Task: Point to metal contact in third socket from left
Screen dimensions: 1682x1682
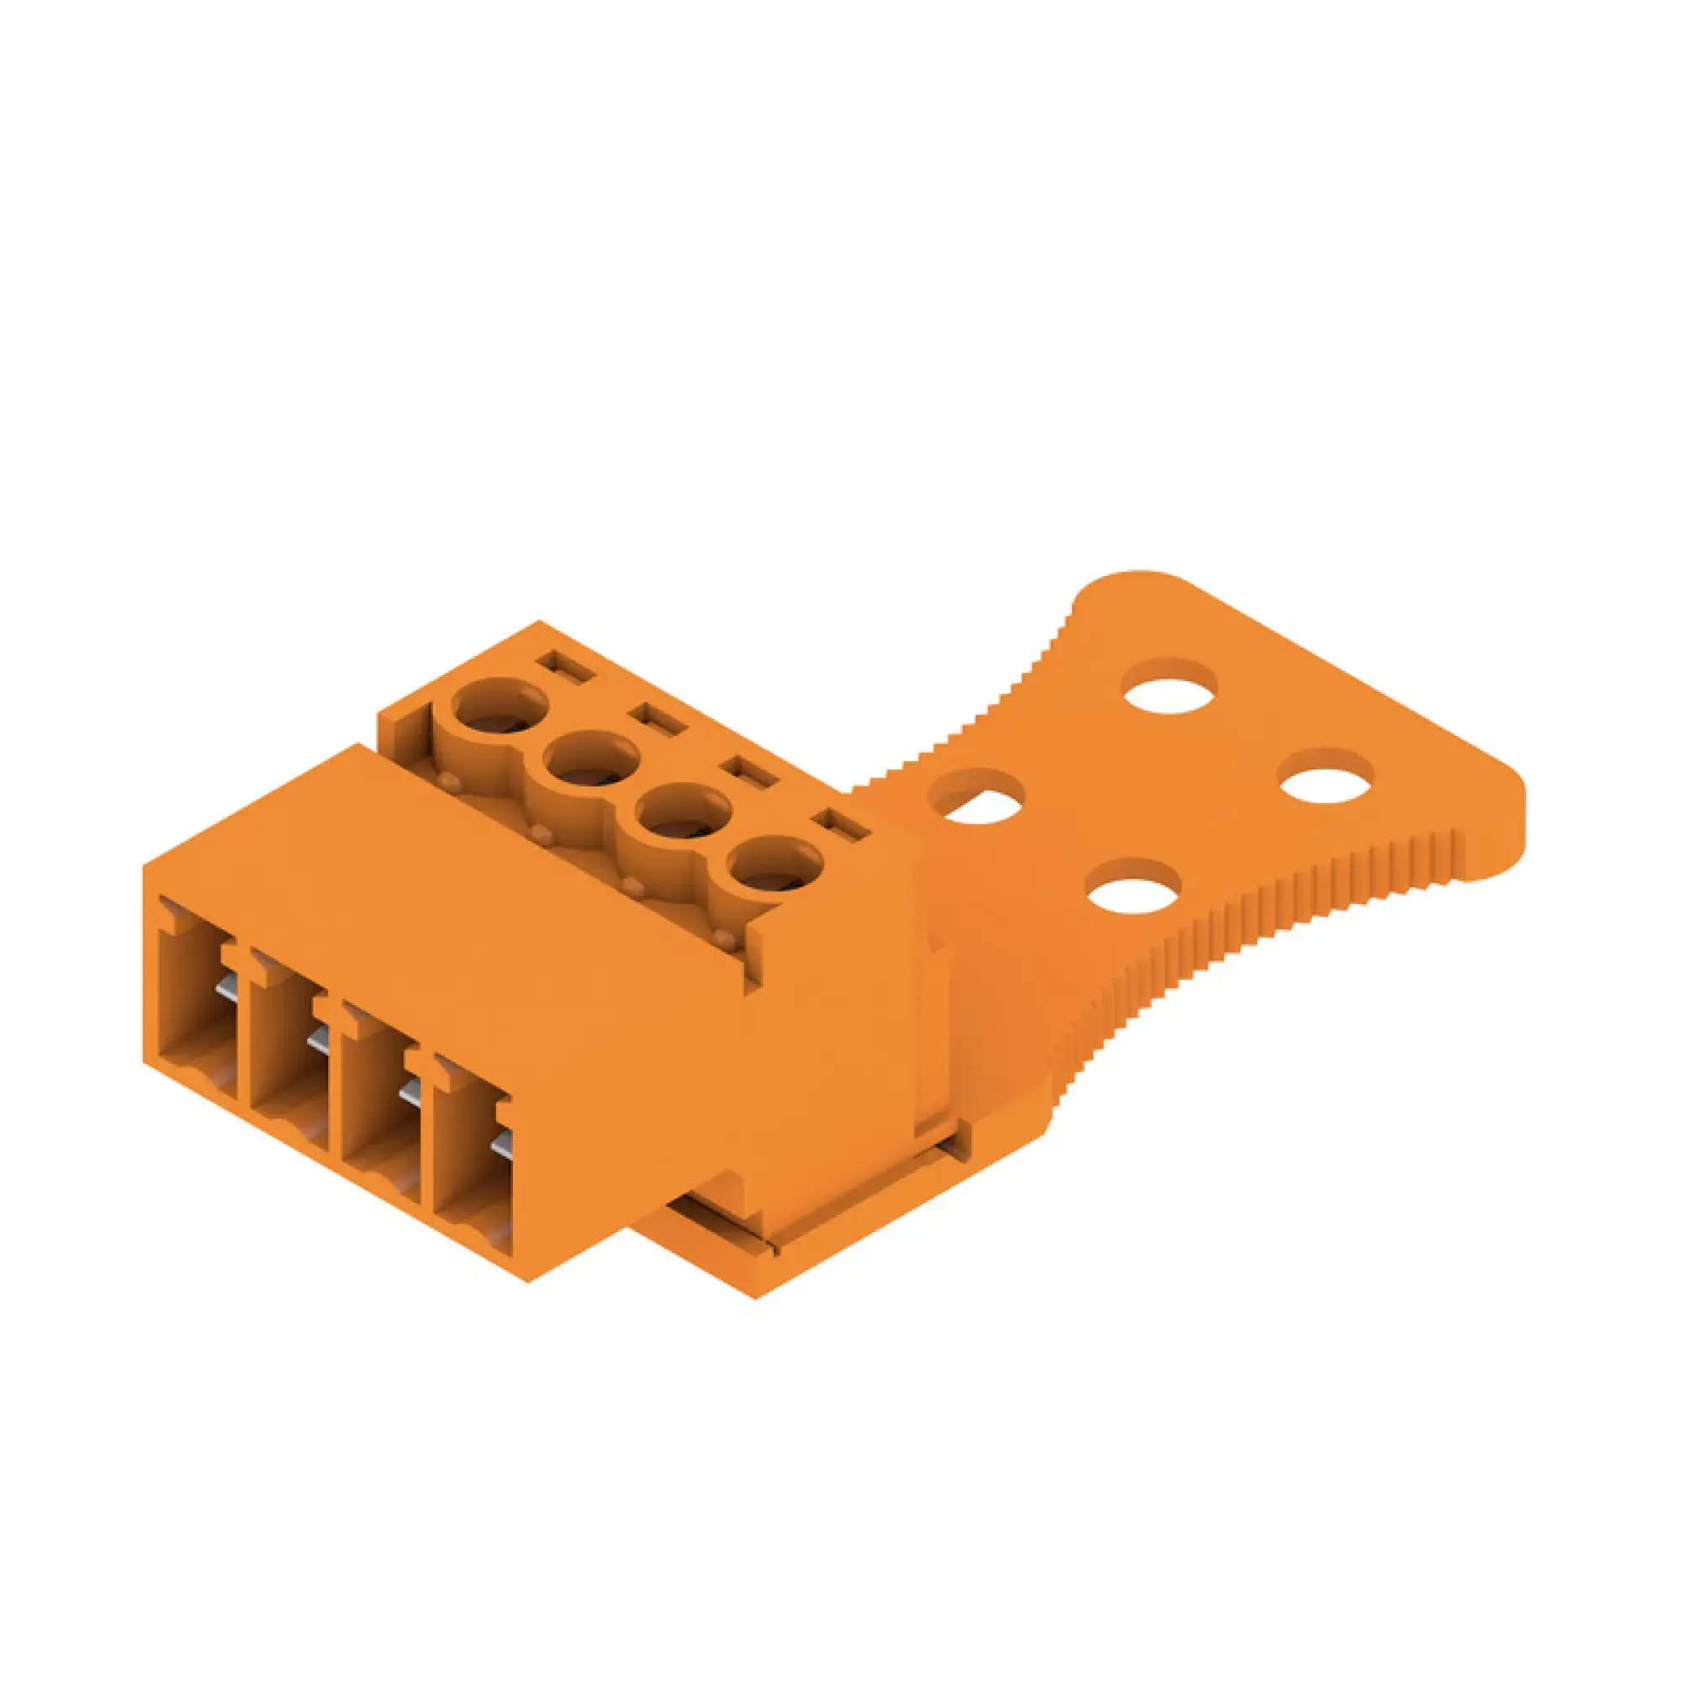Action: click(410, 1092)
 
